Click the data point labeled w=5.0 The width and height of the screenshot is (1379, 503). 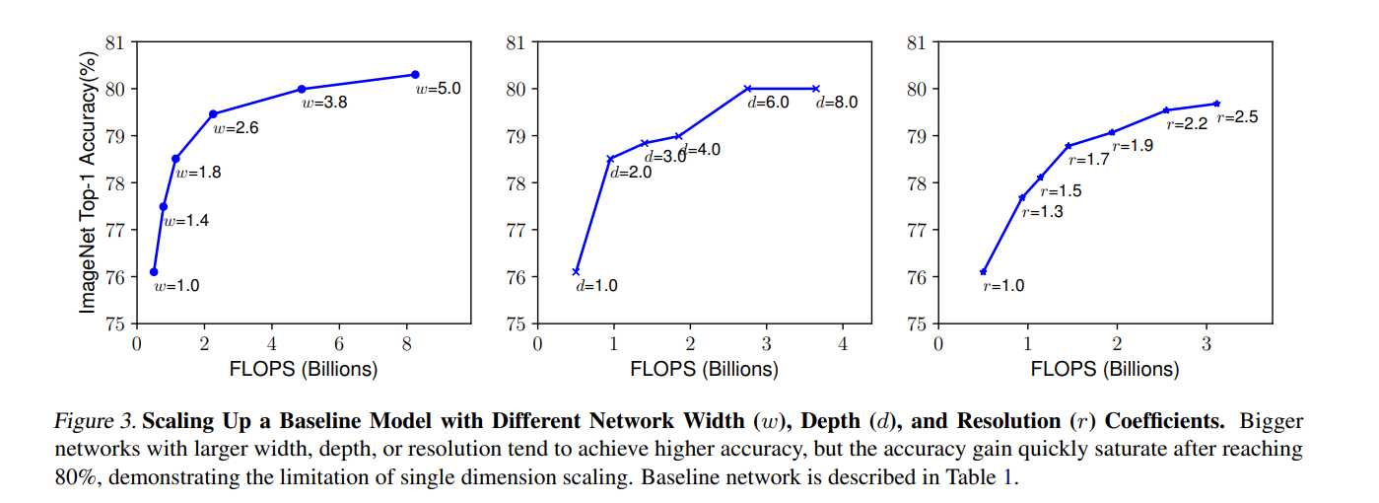pos(415,75)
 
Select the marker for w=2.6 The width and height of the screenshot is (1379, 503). pos(213,114)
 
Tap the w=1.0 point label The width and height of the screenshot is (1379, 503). pos(176,287)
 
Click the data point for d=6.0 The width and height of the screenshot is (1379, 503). pos(747,89)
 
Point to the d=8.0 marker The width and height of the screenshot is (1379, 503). pos(815,89)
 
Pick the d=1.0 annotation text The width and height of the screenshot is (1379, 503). pos(597,287)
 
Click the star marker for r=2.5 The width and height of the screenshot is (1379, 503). pos(1216,104)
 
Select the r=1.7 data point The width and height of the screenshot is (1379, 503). pos(1069,146)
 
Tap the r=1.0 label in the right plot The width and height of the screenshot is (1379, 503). pos(1003,287)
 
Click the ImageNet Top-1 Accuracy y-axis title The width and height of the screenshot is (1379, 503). pos(89,184)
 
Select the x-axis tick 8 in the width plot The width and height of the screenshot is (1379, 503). pos(407,344)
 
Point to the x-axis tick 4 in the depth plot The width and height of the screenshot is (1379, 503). pos(843,344)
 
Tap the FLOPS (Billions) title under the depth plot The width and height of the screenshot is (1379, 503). pos(705,370)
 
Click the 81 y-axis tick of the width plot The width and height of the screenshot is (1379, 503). pos(115,42)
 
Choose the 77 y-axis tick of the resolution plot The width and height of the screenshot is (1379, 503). pos(917,230)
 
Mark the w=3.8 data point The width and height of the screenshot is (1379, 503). pos(302,90)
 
